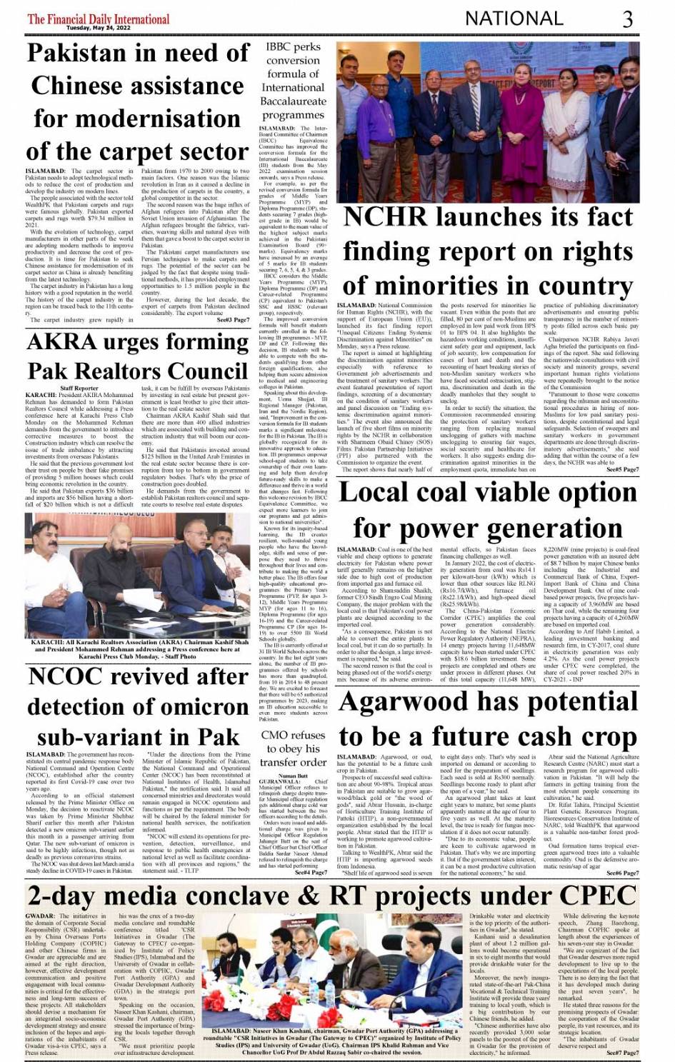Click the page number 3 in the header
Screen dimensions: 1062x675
(627, 18)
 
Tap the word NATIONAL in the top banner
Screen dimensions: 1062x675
(522, 18)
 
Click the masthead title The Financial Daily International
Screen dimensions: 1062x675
(99, 19)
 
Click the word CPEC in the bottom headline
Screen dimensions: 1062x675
(598, 896)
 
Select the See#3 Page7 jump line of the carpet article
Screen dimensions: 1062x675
(233, 321)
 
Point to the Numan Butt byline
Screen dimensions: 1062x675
(293, 775)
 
